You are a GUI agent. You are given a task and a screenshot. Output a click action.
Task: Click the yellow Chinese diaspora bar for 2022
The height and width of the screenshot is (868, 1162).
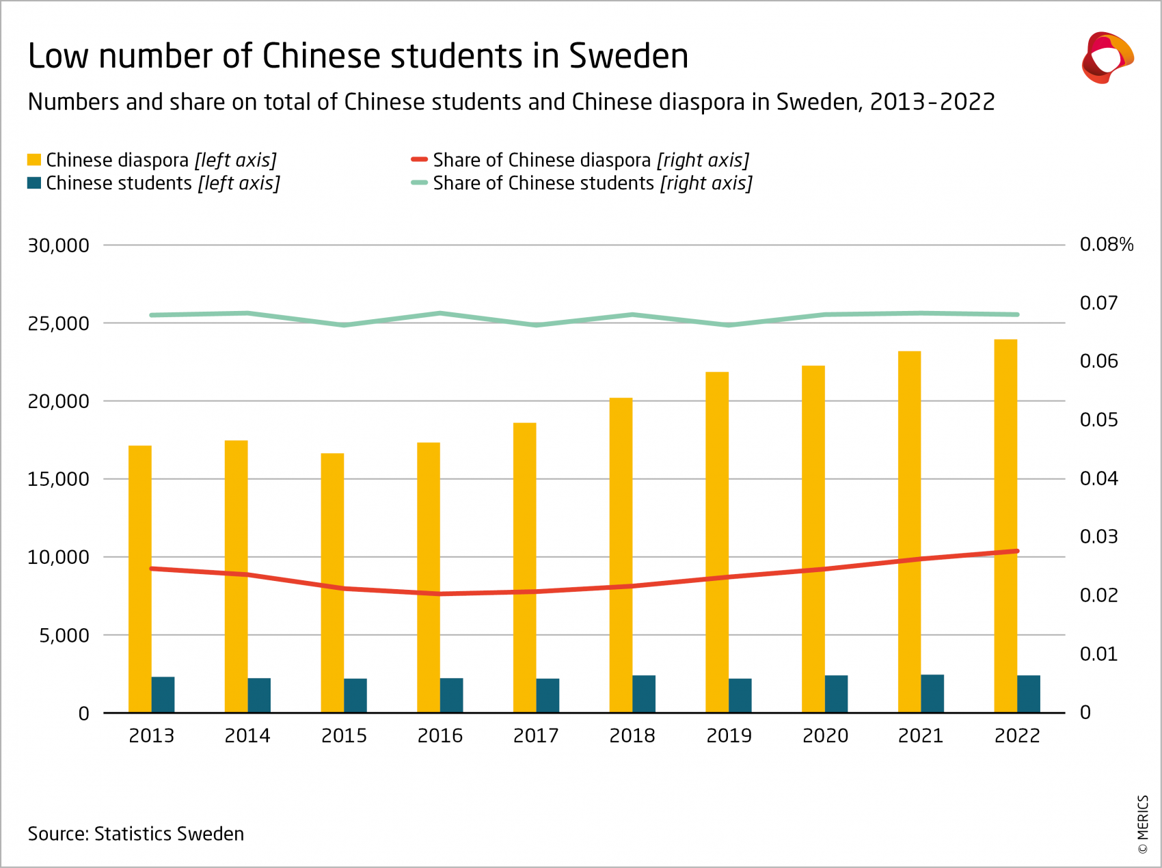(x=1005, y=526)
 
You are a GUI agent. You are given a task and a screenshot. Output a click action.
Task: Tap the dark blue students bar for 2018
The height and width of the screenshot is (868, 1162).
(x=644, y=694)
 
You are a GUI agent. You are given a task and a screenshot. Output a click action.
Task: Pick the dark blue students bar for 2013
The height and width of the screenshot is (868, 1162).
(x=163, y=695)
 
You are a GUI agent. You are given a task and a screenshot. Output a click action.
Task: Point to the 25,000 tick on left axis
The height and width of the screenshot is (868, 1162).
(x=58, y=323)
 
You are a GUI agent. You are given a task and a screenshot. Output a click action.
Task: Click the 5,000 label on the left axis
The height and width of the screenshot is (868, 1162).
(x=64, y=636)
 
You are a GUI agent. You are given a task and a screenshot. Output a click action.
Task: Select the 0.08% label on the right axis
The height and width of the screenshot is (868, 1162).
(x=1106, y=245)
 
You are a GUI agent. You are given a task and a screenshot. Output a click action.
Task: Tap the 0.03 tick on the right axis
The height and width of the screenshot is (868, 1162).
(x=1098, y=537)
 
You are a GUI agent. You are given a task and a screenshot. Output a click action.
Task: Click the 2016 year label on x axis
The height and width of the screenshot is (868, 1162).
(x=440, y=736)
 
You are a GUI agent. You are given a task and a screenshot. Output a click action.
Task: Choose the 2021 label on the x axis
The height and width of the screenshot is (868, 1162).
(x=921, y=736)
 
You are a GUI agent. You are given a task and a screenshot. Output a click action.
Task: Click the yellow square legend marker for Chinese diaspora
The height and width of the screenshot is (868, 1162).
(x=34, y=160)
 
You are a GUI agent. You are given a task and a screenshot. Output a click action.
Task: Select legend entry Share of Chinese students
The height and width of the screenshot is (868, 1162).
(x=592, y=183)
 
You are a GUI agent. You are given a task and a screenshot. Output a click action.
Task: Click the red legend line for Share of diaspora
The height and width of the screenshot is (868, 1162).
(x=419, y=160)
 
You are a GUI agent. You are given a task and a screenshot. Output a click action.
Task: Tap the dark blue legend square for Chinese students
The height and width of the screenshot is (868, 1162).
(x=34, y=183)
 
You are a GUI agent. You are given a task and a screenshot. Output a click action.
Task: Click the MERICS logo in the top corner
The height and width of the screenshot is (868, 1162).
(x=1107, y=58)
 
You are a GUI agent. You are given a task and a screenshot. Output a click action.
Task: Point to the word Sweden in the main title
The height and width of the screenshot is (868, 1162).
(x=628, y=56)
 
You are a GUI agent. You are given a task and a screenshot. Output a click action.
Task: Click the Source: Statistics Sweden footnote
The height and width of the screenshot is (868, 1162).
(x=136, y=834)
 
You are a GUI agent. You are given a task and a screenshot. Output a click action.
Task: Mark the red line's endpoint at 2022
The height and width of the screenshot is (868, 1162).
(x=1017, y=551)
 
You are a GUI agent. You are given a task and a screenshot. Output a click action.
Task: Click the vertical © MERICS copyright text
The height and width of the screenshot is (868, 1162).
(x=1142, y=824)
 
